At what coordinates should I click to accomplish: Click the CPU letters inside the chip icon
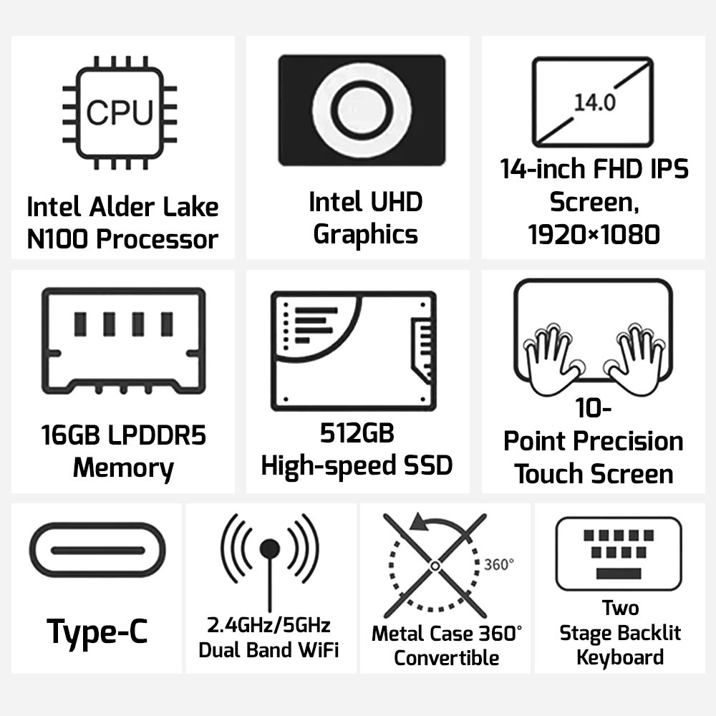(x=120, y=112)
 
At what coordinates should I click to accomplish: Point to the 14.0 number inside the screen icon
(x=594, y=102)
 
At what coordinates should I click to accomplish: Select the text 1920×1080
(x=594, y=235)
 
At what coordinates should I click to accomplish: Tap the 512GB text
(x=357, y=433)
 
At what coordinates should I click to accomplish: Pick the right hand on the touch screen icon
(x=634, y=361)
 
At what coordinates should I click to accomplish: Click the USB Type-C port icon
(x=97, y=550)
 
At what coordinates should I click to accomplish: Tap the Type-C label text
(x=97, y=632)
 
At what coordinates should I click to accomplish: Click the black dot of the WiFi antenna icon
(x=269, y=548)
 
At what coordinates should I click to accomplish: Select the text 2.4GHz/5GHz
(x=268, y=625)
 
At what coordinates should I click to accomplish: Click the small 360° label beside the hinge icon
(x=498, y=564)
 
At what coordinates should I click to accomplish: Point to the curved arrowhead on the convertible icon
(x=420, y=523)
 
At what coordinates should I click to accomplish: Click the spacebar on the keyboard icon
(x=619, y=573)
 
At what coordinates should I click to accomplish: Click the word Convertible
(x=447, y=657)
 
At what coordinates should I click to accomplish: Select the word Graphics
(x=365, y=235)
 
